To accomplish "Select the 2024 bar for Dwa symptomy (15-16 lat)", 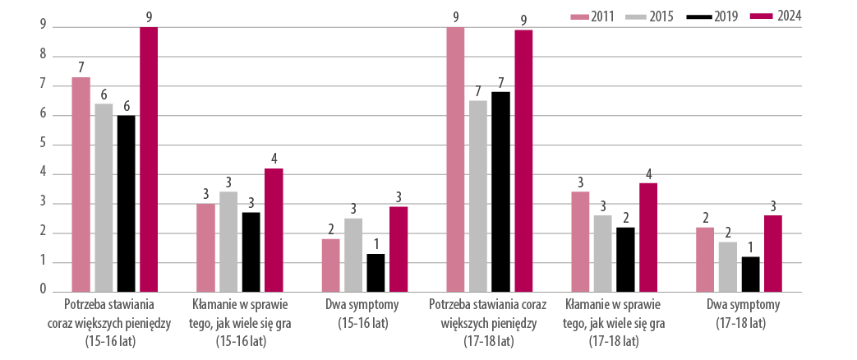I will click(399, 249).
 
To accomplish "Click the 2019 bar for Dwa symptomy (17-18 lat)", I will click(750, 275).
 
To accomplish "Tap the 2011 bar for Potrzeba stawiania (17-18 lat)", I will click(455, 159).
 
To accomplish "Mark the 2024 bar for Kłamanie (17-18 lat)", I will click(647, 238).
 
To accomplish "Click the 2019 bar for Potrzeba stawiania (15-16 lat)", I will click(126, 204).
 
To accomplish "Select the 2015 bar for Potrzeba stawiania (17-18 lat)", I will click(477, 196).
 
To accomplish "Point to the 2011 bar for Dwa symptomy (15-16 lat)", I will click(330, 265).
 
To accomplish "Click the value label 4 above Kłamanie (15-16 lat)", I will click(274, 159).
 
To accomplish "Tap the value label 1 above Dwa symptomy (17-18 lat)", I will click(750, 246).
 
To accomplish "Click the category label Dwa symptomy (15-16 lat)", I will click(362, 313).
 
